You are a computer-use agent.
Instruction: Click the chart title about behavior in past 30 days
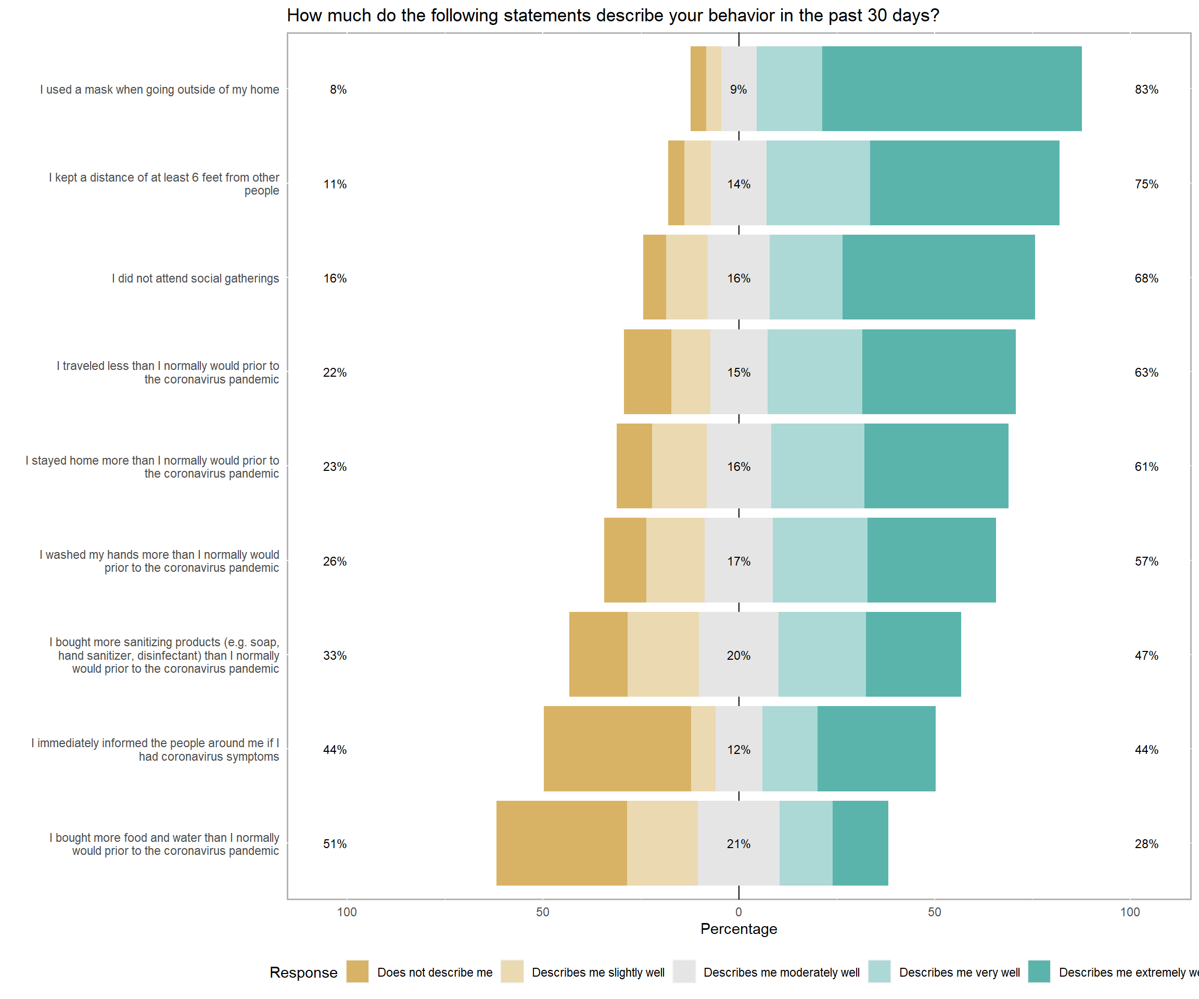[613, 16]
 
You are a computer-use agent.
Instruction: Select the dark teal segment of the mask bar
[951, 88]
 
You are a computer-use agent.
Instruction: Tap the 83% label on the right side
[1146, 89]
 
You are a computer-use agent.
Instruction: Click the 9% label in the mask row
[738, 89]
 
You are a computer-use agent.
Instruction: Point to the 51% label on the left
[335, 844]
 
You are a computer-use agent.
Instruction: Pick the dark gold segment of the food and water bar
[561, 842]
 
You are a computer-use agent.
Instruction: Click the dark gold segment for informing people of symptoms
[617, 748]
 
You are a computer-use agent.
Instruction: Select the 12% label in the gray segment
[738, 750]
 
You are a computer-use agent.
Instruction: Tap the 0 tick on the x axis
[738, 912]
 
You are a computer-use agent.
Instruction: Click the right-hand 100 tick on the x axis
[1129, 912]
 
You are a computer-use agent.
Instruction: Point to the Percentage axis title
[738, 929]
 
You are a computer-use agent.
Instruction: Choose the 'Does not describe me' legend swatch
[358, 971]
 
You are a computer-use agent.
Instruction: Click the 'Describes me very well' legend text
[959, 972]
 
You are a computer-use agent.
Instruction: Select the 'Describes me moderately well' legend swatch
[684, 971]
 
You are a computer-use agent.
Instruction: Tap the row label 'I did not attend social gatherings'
[195, 278]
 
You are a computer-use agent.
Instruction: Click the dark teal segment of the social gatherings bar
[938, 277]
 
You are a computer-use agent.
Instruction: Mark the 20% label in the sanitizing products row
[738, 656]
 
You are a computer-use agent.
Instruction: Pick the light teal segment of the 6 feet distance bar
[818, 183]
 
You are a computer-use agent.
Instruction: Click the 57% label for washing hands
[1146, 561]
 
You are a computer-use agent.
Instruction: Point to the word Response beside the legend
[303, 972]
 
